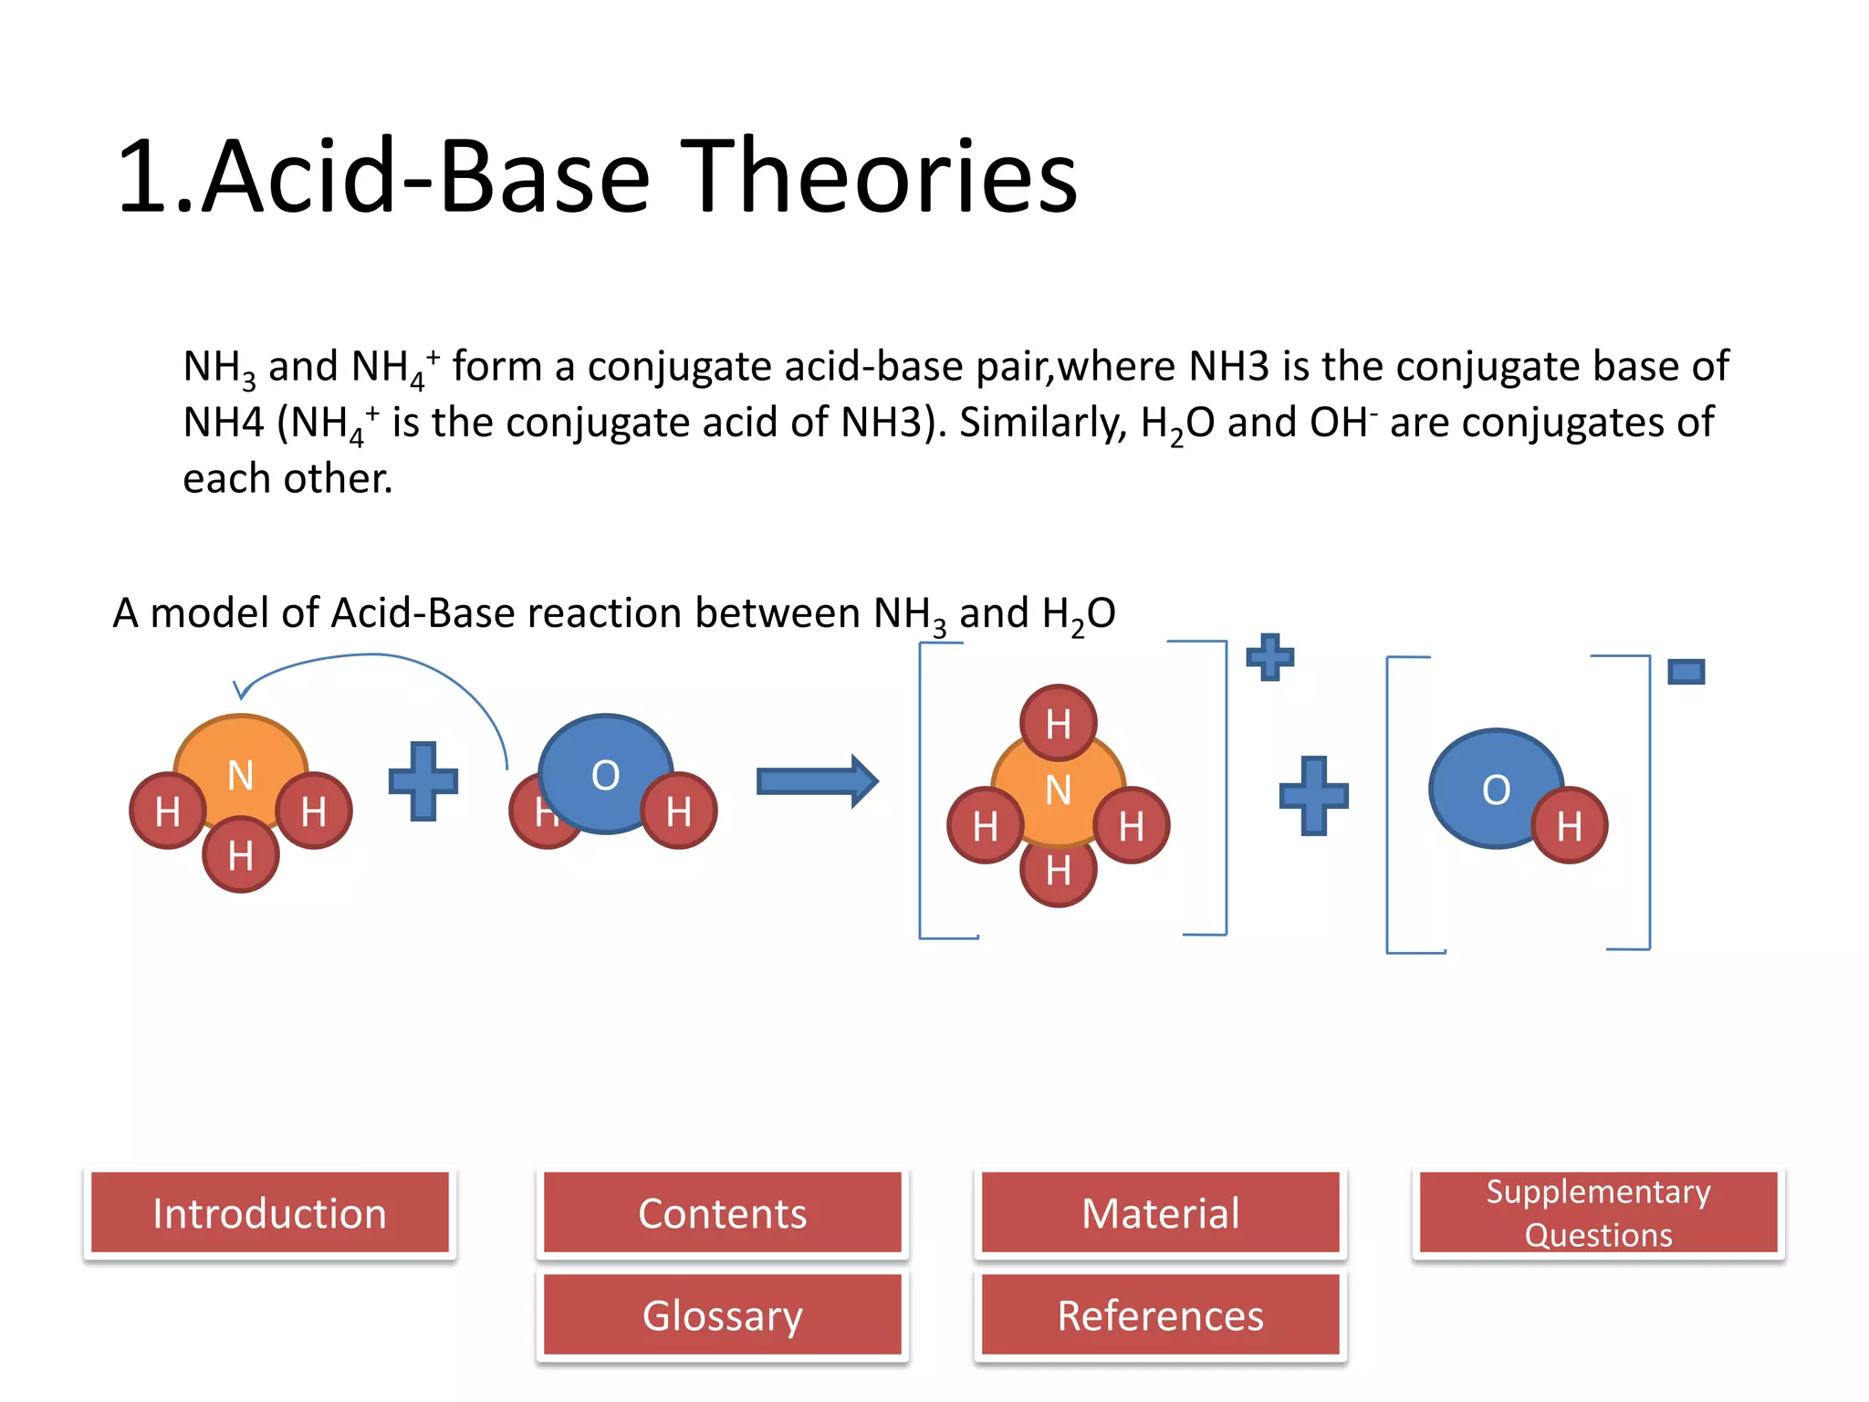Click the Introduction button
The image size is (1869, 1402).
(x=269, y=1213)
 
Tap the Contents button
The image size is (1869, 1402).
(x=722, y=1213)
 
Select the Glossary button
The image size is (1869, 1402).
(x=722, y=1315)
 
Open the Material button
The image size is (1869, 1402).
(x=1160, y=1213)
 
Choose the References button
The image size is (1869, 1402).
(x=1160, y=1315)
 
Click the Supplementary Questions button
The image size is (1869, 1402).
(x=1598, y=1213)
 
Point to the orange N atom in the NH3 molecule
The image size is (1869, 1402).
(x=240, y=758)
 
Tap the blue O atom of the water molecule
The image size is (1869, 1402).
(x=605, y=767)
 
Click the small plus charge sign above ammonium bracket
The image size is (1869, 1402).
(x=1269, y=656)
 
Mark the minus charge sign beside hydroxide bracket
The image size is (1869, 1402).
(x=1686, y=673)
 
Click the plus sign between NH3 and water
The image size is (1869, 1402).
(x=423, y=781)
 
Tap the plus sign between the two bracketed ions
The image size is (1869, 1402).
(x=1313, y=795)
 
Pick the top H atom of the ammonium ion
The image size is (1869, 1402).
(x=1058, y=722)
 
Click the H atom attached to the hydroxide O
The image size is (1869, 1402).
(x=1569, y=826)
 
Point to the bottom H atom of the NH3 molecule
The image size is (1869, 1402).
(x=240, y=855)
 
